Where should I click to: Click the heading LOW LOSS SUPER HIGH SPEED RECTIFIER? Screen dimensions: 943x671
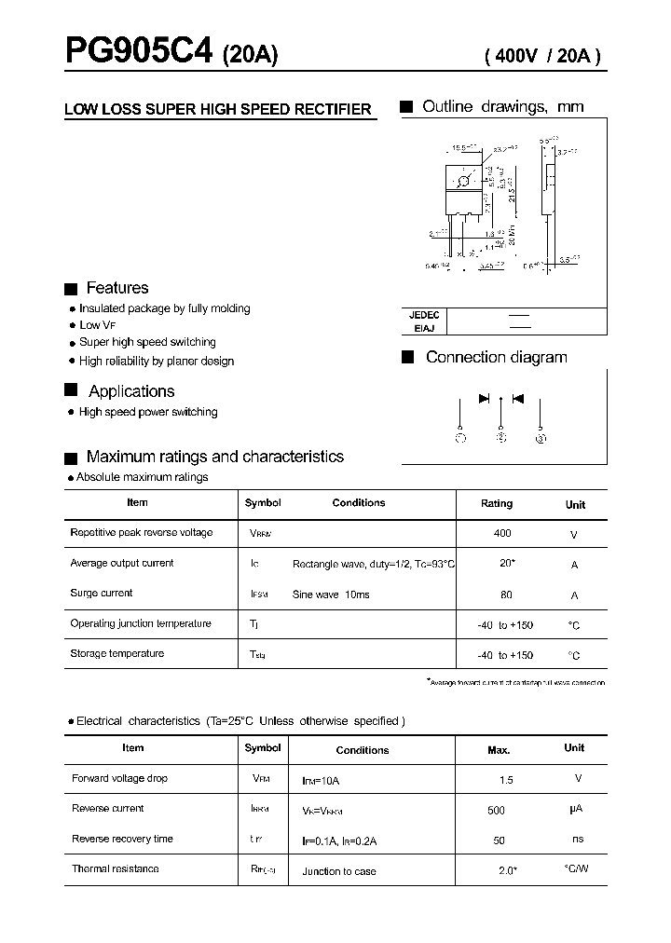coord(218,110)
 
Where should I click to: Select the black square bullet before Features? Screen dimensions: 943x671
coord(70,289)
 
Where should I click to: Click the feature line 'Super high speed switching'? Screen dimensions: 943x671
coord(147,343)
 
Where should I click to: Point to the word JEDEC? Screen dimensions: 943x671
coord(424,316)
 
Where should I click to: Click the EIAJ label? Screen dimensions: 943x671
coord(425,328)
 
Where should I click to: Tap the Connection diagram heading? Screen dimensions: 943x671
coord(496,358)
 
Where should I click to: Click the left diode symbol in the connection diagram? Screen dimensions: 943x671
coord(485,399)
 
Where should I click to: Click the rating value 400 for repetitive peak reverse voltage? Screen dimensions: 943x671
coord(502,533)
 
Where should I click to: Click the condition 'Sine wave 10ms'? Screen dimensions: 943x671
coord(331,594)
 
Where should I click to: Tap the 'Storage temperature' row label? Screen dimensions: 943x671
coord(117,654)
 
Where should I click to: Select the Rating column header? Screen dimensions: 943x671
coord(497,503)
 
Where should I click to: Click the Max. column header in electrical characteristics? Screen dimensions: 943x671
coord(499,750)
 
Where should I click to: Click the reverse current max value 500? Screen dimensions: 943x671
coord(496,811)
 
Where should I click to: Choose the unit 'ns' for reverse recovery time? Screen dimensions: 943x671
coord(578,840)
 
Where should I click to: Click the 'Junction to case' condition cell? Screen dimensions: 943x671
coord(339,871)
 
